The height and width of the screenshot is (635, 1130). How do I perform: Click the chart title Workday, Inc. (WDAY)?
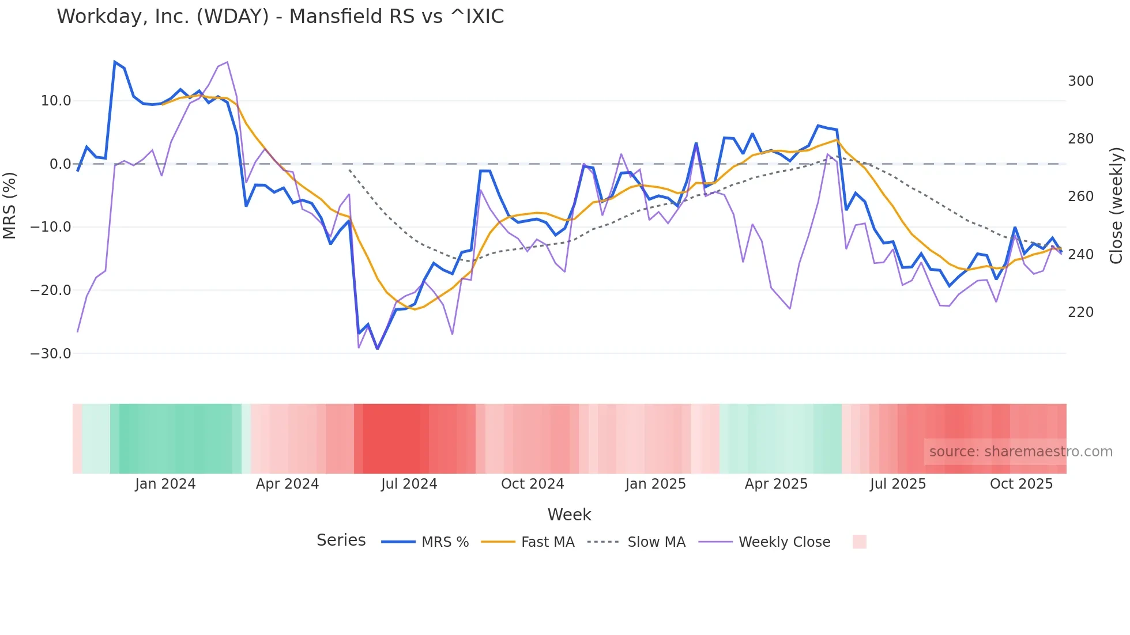[x=280, y=17]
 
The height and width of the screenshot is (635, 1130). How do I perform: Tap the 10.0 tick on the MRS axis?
[x=56, y=101]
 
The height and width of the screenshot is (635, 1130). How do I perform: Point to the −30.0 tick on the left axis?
[x=51, y=353]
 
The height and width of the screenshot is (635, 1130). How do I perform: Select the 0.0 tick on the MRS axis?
[x=60, y=164]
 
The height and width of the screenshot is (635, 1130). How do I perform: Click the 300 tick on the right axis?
[x=1080, y=81]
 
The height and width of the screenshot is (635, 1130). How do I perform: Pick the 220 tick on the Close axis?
[x=1080, y=312]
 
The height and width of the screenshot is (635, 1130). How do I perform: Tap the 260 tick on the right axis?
[x=1080, y=196]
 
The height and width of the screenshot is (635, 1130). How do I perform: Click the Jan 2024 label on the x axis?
[x=165, y=484]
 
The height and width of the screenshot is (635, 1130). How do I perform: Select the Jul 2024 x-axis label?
[x=409, y=484]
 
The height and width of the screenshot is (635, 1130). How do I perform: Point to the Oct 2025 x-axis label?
[x=1021, y=484]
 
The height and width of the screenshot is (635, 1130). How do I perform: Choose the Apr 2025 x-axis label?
[x=776, y=484]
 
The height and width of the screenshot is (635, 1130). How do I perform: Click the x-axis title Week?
[x=569, y=515]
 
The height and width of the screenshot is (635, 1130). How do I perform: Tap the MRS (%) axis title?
[x=10, y=205]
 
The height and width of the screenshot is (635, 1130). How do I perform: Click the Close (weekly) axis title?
[x=1116, y=205]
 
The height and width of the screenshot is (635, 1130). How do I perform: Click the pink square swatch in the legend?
[x=859, y=542]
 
